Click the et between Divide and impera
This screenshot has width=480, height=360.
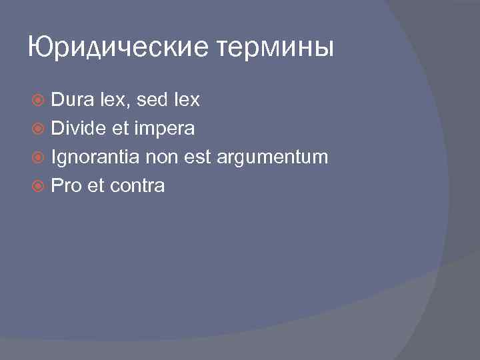point(120,129)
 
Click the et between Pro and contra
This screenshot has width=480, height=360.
point(96,186)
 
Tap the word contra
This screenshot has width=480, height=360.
point(137,186)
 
